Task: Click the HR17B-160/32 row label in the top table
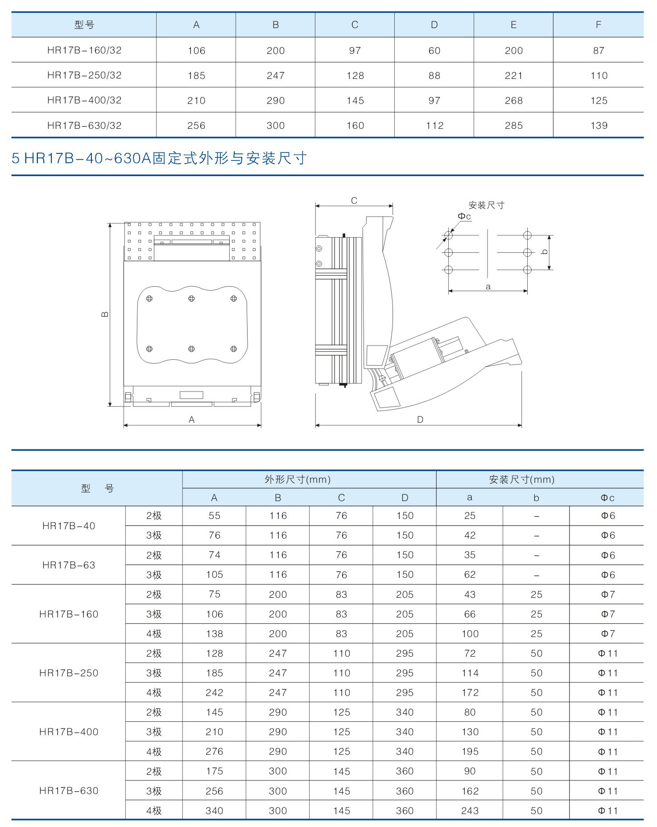(84, 50)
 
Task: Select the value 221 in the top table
(513, 75)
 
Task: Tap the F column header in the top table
(598, 25)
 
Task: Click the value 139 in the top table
(599, 126)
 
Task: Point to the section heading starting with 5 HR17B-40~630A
(159, 158)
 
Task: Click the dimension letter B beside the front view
(105, 314)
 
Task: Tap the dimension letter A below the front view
(192, 420)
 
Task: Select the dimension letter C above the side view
(354, 201)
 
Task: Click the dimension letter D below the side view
(420, 420)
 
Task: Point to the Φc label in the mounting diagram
(464, 216)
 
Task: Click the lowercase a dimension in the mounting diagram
(488, 287)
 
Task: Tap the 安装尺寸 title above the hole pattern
(486, 205)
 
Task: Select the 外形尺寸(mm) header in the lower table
(298, 479)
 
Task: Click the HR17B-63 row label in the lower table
(69, 565)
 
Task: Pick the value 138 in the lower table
(214, 634)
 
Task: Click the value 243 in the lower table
(470, 811)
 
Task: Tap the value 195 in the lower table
(470, 752)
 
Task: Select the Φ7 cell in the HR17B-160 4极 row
(607, 634)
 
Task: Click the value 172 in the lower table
(470, 692)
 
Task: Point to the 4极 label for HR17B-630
(154, 811)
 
